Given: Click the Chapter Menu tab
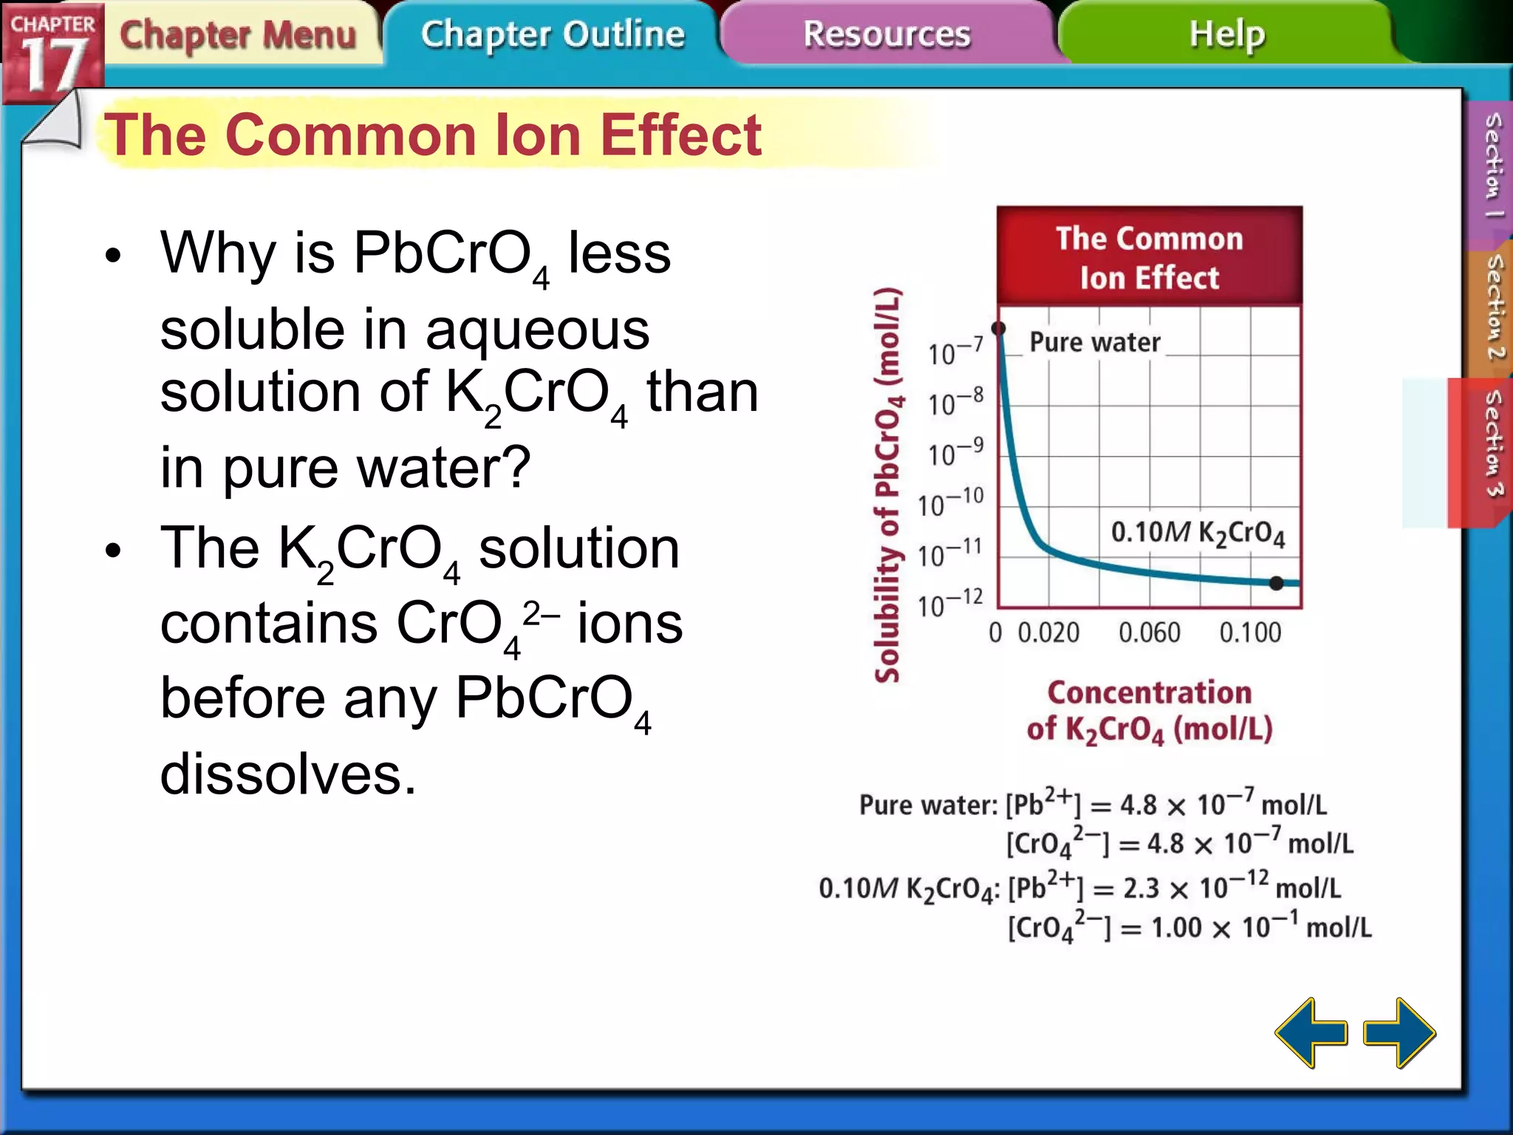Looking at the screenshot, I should pos(238,35).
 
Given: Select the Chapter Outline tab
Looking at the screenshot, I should pos(553,35).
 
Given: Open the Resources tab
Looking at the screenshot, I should pos(887,35).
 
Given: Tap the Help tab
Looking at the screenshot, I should pos(1226,35).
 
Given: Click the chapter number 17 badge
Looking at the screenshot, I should pos(52,55).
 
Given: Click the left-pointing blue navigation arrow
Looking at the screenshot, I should pos(1311,1032).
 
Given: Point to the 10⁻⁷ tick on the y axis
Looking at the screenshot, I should pos(955,352).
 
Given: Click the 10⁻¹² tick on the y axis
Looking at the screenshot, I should pos(950,604).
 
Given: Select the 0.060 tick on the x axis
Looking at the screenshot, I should pos(1149,633).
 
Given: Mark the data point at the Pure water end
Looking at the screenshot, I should pos(998,328).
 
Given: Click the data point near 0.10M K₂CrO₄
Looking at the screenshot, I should pos(1276,583).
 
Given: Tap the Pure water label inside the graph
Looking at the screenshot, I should pos(1095,343).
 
